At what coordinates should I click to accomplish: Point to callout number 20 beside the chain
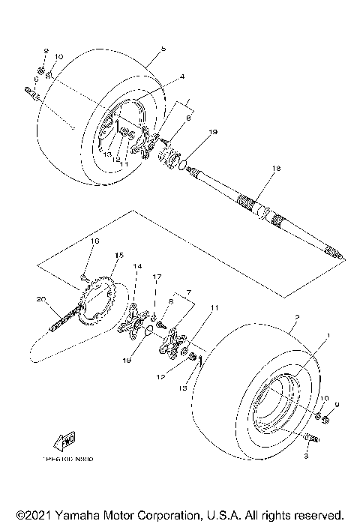click(40, 298)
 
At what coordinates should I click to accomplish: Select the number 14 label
click(136, 266)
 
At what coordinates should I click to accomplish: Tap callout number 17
click(157, 277)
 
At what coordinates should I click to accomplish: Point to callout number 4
click(160, 76)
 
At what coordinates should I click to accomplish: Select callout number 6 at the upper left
click(34, 79)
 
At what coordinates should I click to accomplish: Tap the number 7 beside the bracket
click(188, 289)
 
